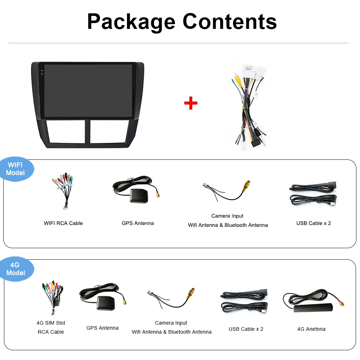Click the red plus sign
(x=190, y=103)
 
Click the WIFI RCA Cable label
(x=63, y=223)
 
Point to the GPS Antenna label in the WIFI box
(x=138, y=223)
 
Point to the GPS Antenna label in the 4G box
(x=102, y=328)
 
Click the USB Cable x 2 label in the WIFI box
(x=313, y=223)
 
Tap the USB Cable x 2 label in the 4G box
(x=246, y=329)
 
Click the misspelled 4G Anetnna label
(x=311, y=329)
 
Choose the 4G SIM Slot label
(x=51, y=323)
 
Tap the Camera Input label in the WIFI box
(x=227, y=216)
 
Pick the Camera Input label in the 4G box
(x=171, y=323)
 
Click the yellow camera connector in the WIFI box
(x=247, y=185)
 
